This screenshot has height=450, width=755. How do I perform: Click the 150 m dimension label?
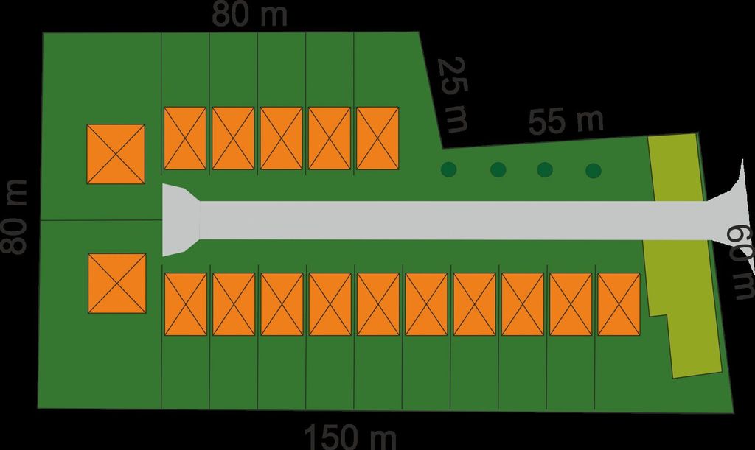[x=350, y=437]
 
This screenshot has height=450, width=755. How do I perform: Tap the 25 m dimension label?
[x=453, y=95]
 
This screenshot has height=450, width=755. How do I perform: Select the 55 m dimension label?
[x=566, y=121]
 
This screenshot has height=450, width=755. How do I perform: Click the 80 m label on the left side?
[x=13, y=217]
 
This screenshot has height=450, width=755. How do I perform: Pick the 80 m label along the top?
[x=249, y=14]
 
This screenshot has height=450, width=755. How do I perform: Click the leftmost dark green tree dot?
[x=449, y=169]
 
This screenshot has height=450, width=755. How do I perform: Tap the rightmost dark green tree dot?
[x=594, y=170]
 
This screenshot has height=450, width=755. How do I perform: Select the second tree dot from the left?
[x=498, y=169]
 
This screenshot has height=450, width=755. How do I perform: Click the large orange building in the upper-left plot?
[x=116, y=154]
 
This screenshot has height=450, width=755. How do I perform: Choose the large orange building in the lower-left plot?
[x=117, y=283]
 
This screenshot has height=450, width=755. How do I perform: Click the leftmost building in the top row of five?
[x=185, y=138]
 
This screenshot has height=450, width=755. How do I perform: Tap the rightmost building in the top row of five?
[x=377, y=138]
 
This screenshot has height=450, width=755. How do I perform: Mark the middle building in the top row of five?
[x=281, y=138]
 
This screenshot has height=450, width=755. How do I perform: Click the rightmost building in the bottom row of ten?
[x=619, y=304]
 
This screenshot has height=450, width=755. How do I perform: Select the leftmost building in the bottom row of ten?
[x=185, y=304]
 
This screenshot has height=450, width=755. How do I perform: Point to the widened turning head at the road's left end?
[x=181, y=220]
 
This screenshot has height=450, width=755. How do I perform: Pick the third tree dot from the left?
[x=545, y=169]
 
